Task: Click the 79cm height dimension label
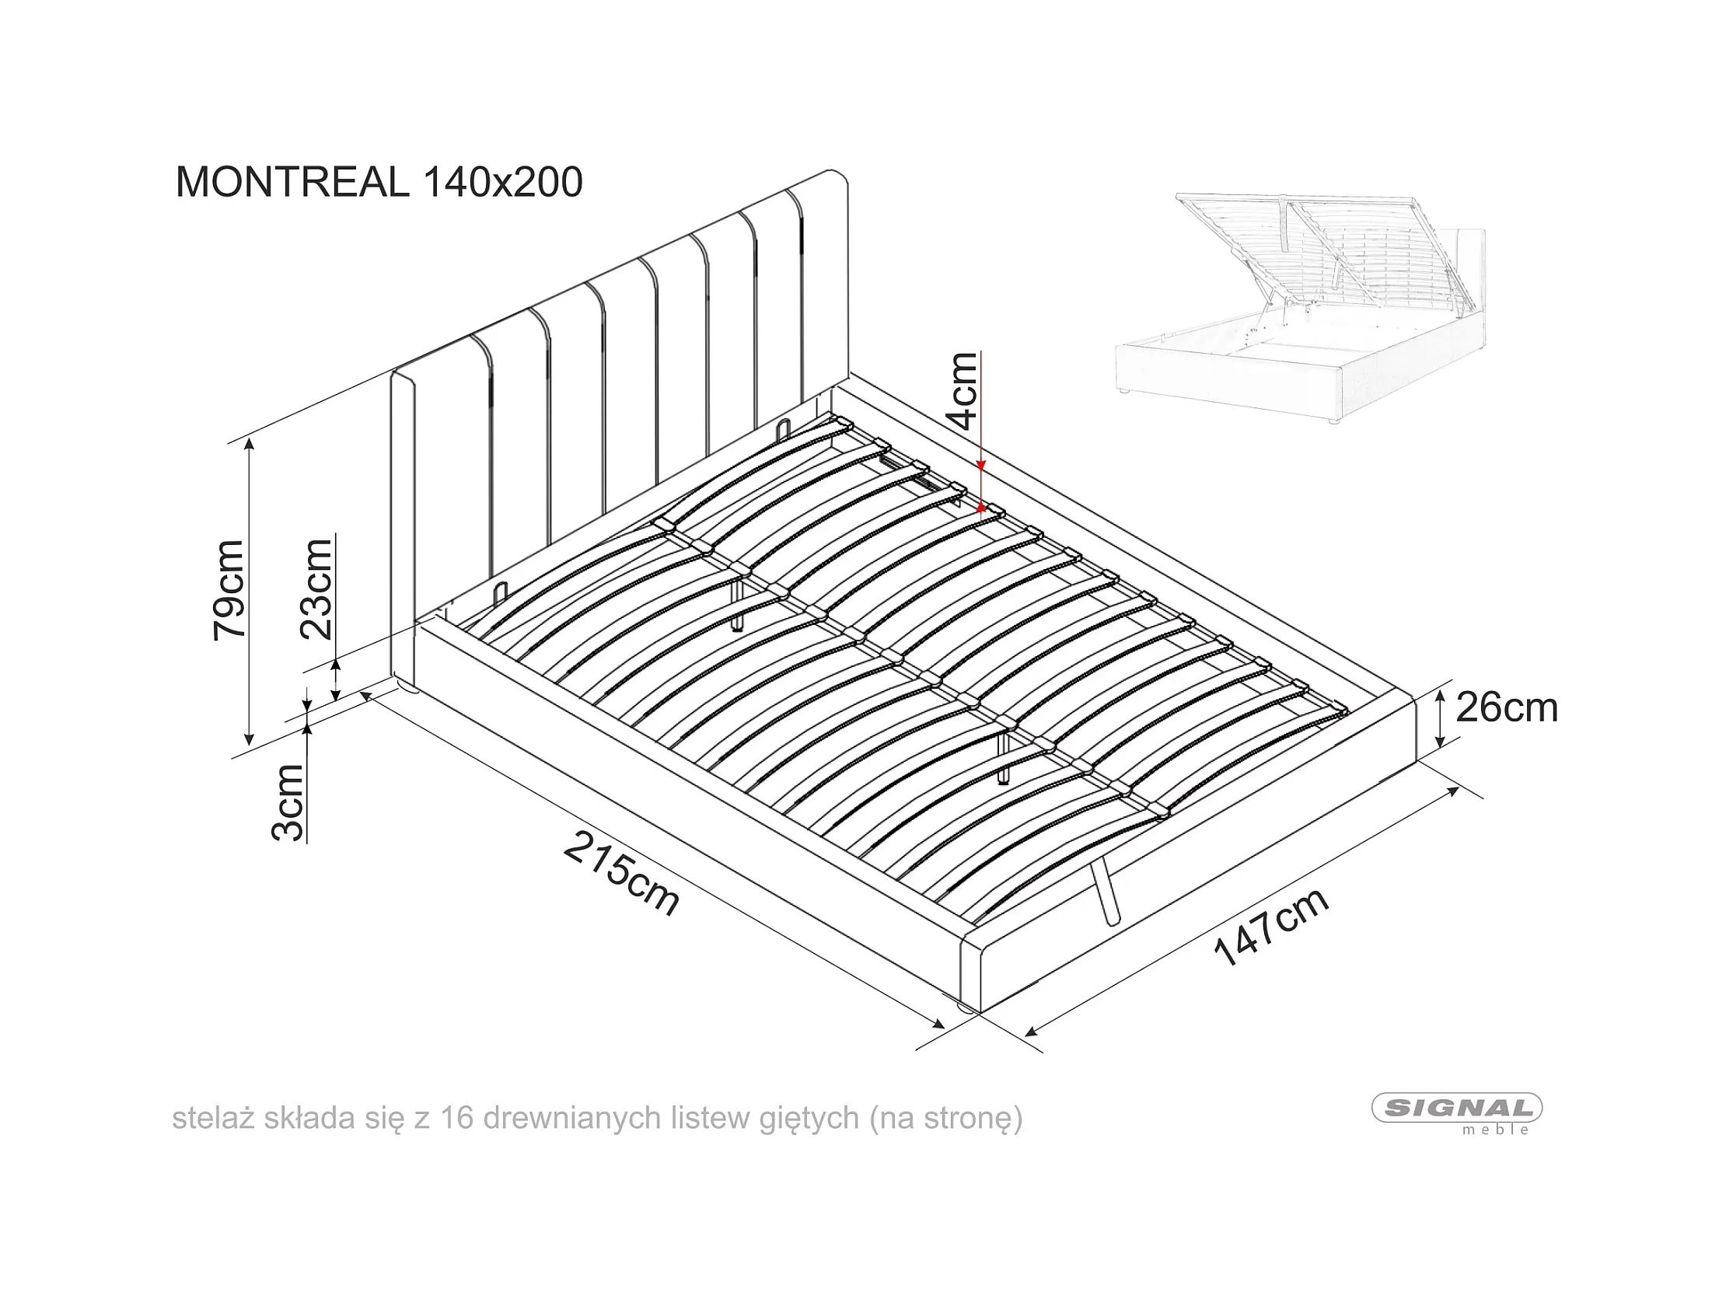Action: (x=229, y=590)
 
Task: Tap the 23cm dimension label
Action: (x=317, y=589)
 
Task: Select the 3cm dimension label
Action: (x=288, y=802)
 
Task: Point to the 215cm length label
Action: (x=620, y=873)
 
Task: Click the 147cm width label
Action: (x=1270, y=927)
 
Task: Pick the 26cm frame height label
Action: (x=1506, y=708)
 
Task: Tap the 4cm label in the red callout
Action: (x=963, y=391)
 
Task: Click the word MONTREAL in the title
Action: (x=292, y=183)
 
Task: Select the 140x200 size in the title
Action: (x=503, y=183)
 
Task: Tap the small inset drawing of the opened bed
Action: (x=1301, y=309)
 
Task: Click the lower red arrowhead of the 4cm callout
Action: (x=981, y=508)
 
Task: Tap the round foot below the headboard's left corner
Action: (x=407, y=687)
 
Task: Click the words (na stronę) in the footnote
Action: (x=945, y=1118)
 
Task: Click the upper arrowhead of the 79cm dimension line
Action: (x=249, y=443)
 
